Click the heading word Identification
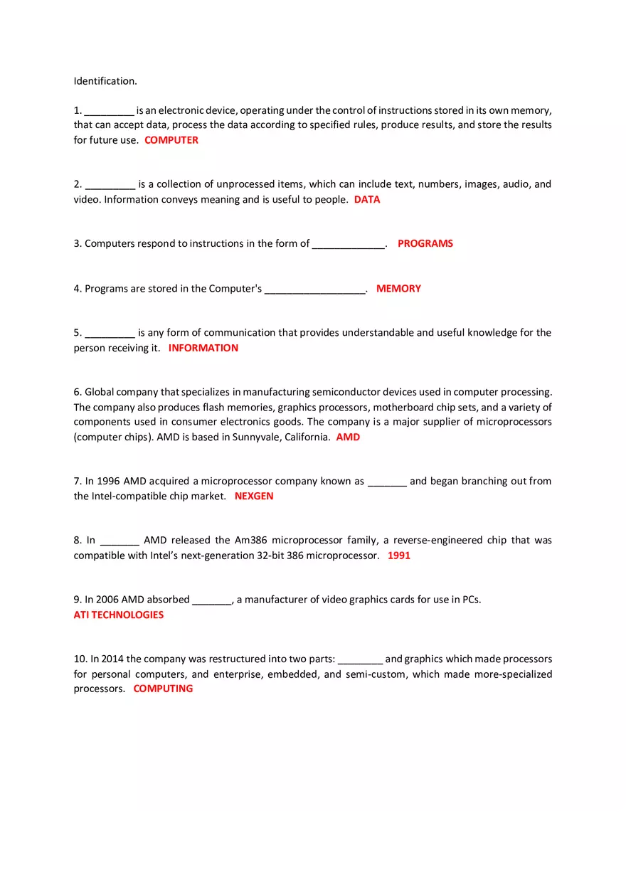(105, 81)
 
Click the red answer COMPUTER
(171, 140)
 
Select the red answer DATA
(367, 200)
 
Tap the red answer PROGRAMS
(425, 243)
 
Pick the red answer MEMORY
(398, 289)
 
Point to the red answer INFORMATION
(203, 348)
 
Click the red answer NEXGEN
(254, 496)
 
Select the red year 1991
(399, 556)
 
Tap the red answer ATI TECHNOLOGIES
(119, 615)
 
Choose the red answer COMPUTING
(163, 689)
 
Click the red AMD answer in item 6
(348, 437)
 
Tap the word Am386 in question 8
(250, 541)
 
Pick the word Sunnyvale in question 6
(255, 437)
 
